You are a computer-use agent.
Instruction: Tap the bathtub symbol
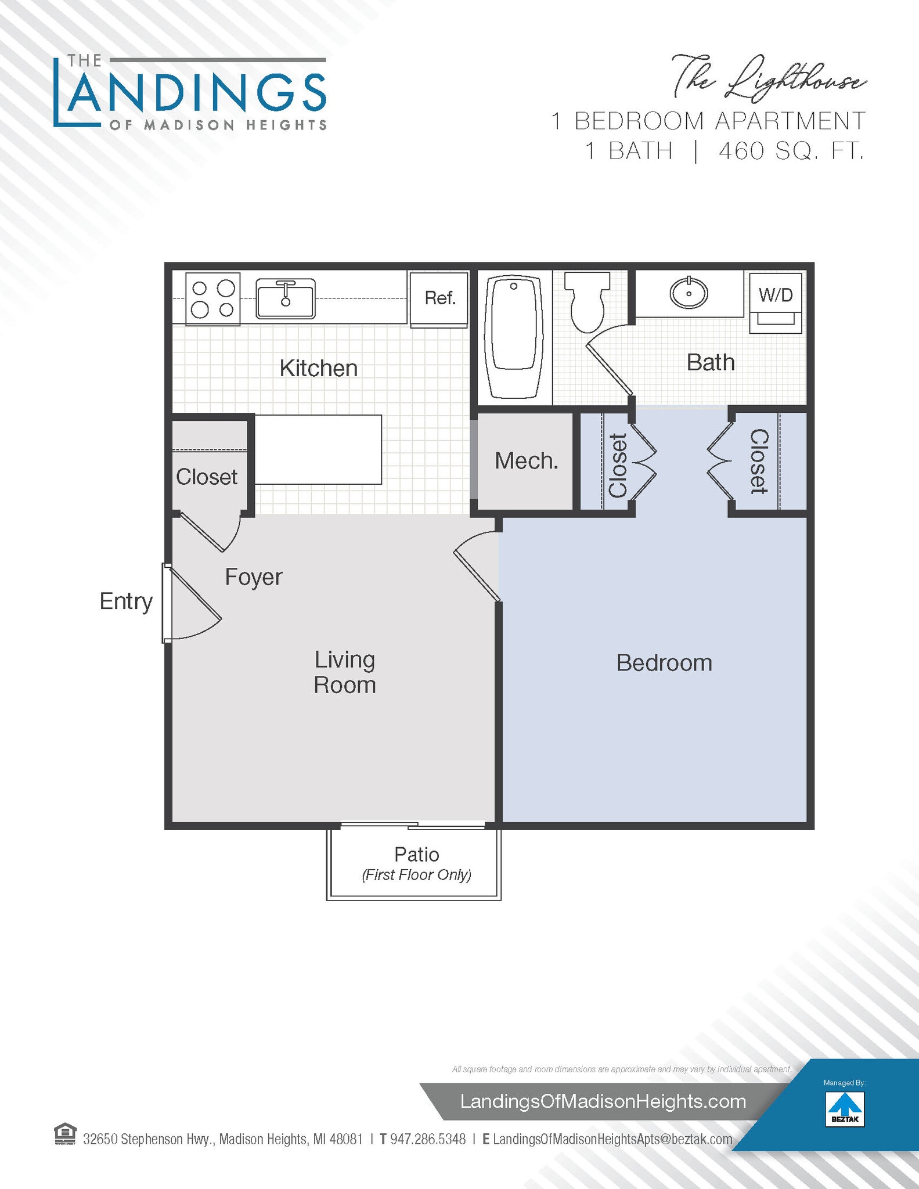(x=513, y=336)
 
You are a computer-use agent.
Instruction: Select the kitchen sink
(x=286, y=298)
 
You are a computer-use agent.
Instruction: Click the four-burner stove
(x=212, y=299)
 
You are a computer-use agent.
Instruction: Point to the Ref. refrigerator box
(x=439, y=299)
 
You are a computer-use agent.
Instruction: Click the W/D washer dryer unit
(x=775, y=302)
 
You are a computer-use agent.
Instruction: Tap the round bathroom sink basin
(x=689, y=293)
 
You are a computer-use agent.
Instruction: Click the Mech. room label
(x=526, y=461)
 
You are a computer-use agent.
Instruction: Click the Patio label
(x=416, y=855)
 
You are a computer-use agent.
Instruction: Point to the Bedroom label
(x=664, y=663)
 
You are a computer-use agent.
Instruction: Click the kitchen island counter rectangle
(x=318, y=449)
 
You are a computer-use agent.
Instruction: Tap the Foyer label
(x=253, y=577)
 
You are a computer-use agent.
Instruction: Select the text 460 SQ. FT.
(x=791, y=152)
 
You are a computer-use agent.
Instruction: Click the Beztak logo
(x=845, y=1109)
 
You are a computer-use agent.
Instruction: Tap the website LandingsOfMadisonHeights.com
(x=603, y=1101)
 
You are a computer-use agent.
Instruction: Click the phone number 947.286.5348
(x=427, y=1139)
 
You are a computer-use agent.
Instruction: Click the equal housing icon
(x=65, y=1134)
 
